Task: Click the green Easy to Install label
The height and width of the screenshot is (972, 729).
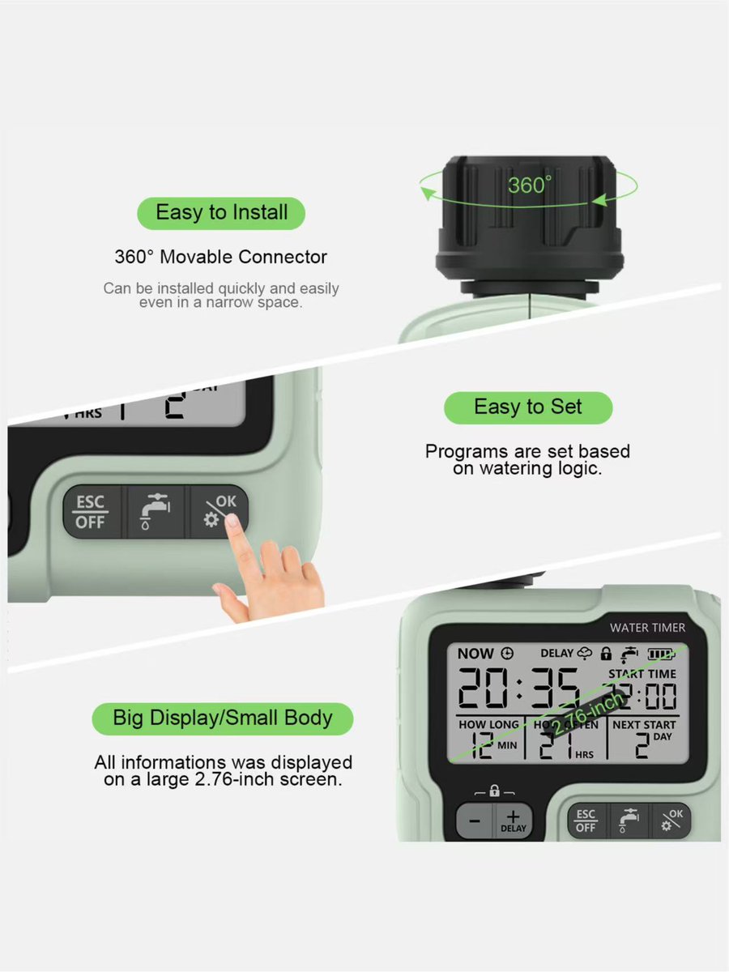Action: click(x=221, y=213)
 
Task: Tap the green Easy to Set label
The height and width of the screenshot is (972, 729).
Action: click(x=528, y=407)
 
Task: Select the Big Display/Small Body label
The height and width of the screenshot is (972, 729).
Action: click(x=223, y=718)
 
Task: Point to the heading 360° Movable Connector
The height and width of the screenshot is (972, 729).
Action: click(x=221, y=258)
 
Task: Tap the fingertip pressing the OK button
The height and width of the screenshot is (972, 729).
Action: click(x=233, y=522)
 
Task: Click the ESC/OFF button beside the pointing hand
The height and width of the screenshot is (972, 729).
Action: click(x=91, y=512)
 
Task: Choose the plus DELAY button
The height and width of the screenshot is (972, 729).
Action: click(x=513, y=821)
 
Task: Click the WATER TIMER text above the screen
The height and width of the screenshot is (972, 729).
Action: click(x=647, y=627)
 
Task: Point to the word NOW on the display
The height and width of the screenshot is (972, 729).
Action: click(x=475, y=654)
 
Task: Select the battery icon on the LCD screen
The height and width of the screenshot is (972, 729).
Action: click(x=661, y=654)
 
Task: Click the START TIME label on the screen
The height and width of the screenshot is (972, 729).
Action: click(x=642, y=674)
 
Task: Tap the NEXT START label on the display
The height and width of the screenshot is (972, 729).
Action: click(x=643, y=725)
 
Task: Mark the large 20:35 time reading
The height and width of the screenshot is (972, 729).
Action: click(x=518, y=690)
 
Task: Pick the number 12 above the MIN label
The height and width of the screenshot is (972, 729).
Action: click(x=483, y=745)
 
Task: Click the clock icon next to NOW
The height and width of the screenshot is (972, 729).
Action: click(x=507, y=654)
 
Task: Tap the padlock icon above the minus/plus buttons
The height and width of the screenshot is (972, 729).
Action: click(x=494, y=791)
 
